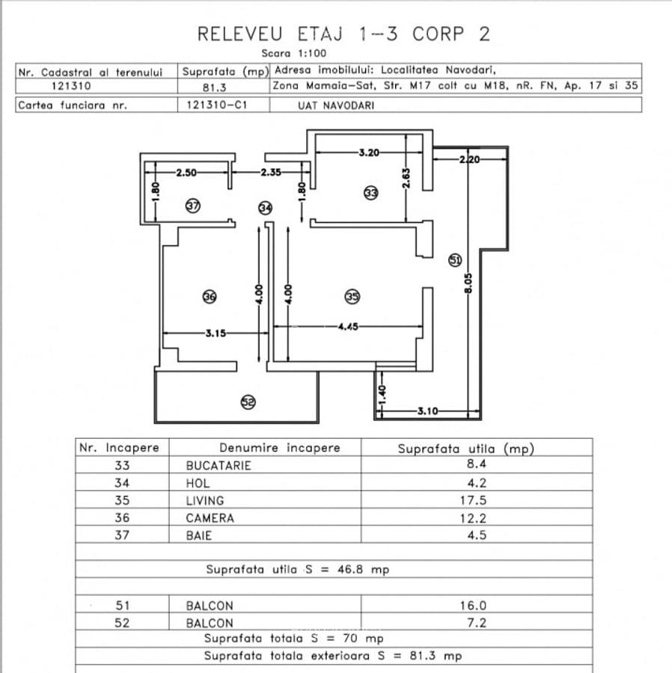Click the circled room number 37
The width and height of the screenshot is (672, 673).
coord(192,206)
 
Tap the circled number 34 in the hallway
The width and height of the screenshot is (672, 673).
coord(265,207)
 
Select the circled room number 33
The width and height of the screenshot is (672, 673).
coord(370,193)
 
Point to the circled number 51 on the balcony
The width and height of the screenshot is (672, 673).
coord(455,259)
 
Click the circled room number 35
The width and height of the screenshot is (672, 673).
coord(352,297)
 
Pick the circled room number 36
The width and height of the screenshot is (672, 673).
coord(210,298)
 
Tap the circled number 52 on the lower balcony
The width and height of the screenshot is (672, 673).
coord(248,402)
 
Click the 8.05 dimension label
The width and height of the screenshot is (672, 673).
coord(468,283)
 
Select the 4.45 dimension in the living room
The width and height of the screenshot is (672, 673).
coord(347,326)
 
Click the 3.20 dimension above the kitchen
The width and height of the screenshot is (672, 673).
coord(369,153)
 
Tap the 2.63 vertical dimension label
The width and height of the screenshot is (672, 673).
coord(406,176)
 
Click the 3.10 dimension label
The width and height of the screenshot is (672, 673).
coord(427,411)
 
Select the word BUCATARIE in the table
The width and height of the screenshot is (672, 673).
coord(219,465)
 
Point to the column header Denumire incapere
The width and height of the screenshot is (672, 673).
coord(279,448)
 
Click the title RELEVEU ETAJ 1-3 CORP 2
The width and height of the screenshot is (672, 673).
coord(343,34)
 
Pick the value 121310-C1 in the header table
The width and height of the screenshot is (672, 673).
coord(216,105)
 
